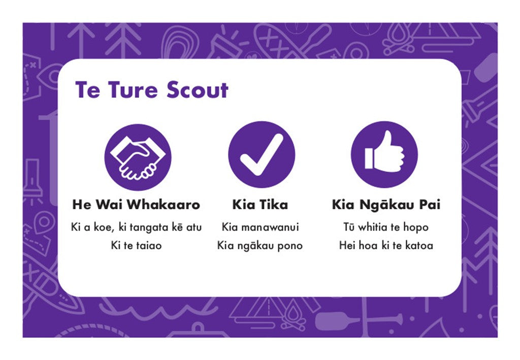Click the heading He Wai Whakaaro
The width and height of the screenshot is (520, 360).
[x=136, y=205]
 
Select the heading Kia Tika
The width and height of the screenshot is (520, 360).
[x=260, y=205]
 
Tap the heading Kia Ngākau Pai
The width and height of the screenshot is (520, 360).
[x=386, y=205]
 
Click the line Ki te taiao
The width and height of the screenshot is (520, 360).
[x=136, y=246]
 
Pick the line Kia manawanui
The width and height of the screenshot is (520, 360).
[x=261, y=227]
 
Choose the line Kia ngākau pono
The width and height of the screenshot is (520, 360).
[x=260, y=246]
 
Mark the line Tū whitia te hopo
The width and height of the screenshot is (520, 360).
[x=386, y=227]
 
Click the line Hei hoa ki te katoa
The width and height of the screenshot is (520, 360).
[x=386, y=246]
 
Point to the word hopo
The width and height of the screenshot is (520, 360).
[x=416, y=227]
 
